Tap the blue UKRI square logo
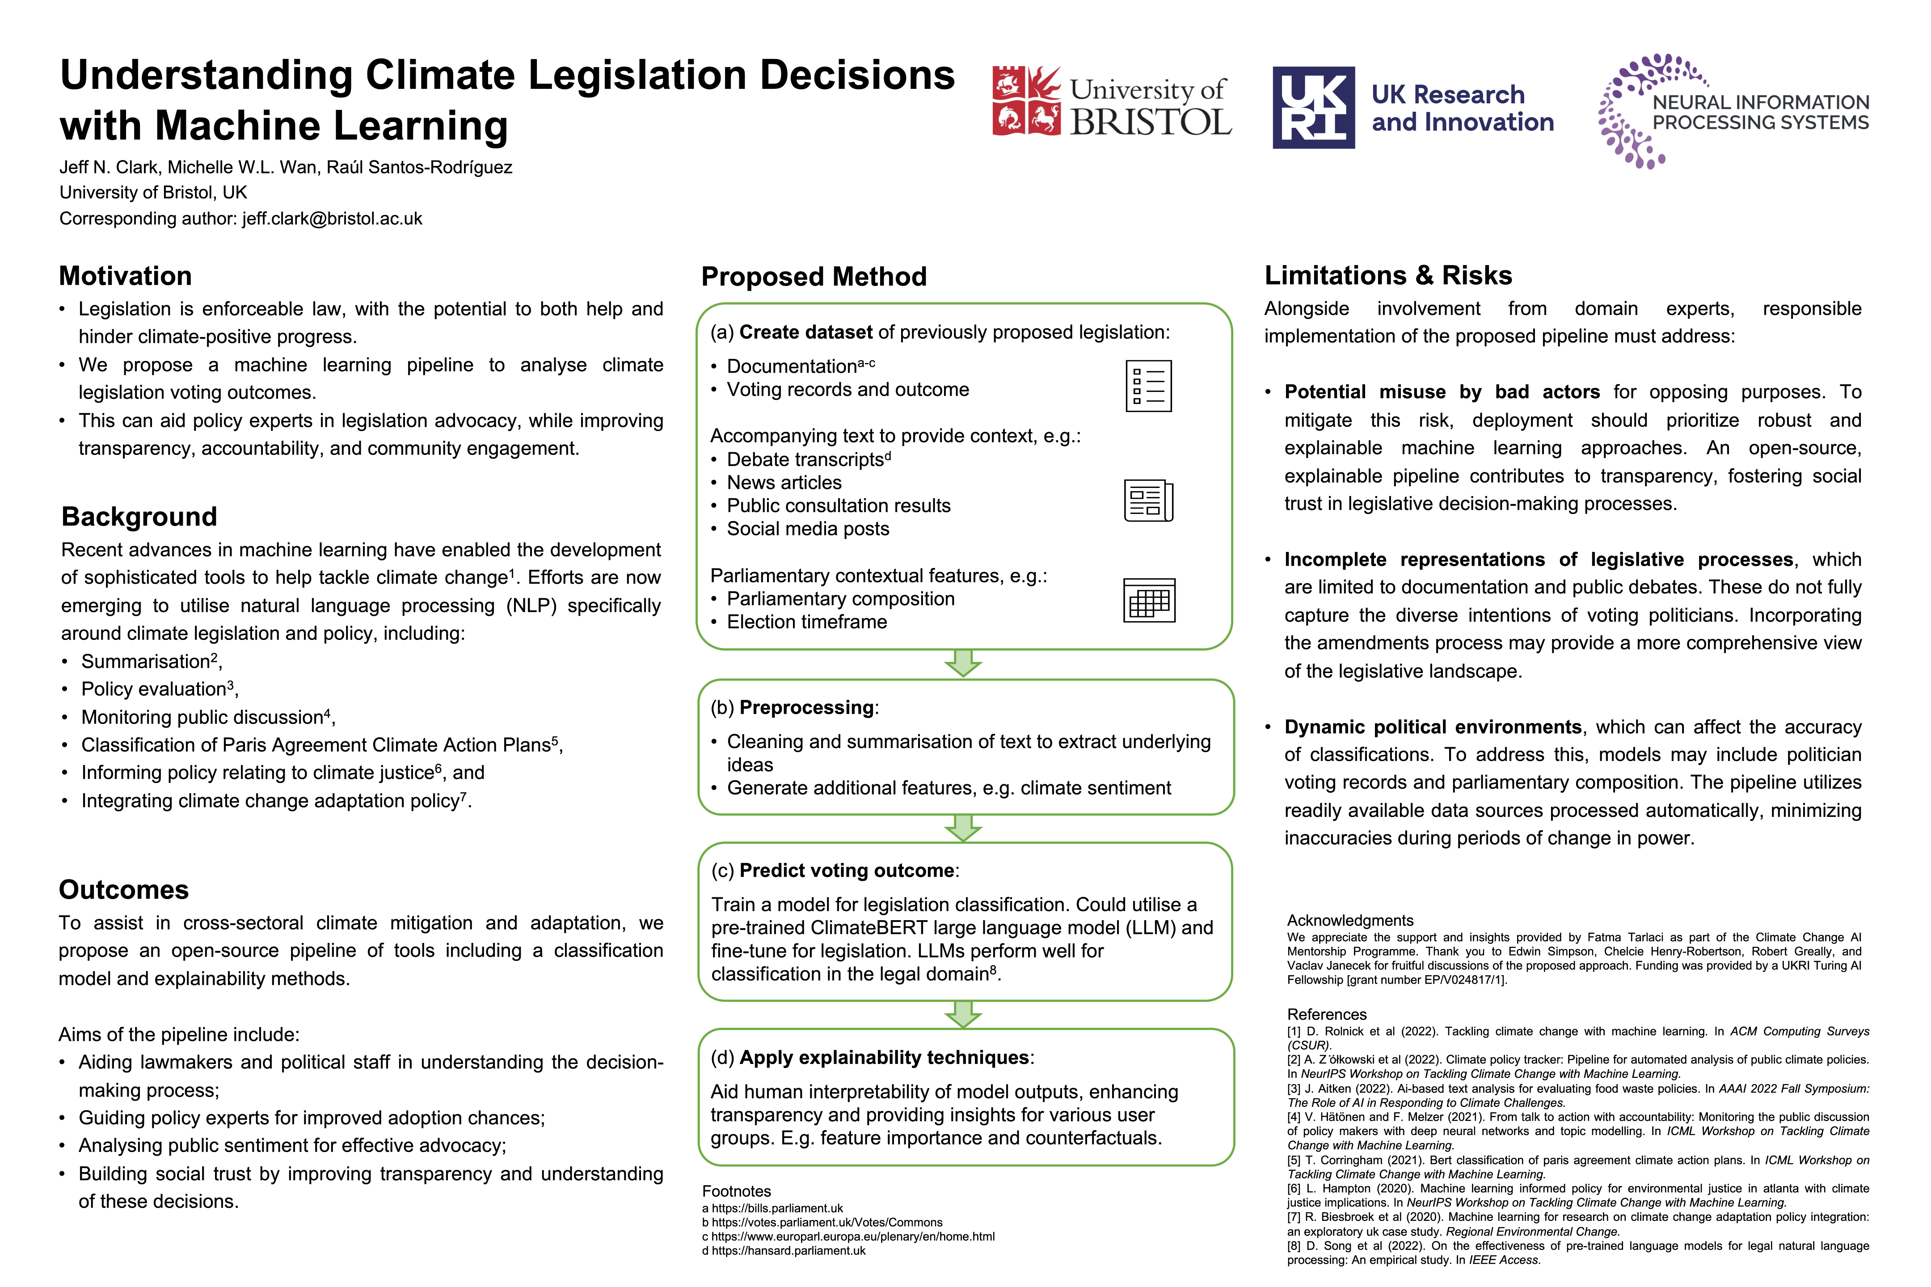[x=1313, y=108]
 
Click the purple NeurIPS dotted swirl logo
[x=1630, y=111]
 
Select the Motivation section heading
[x=126, y=276]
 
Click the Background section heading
[x=139, y=516]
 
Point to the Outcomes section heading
[x=123, y=890]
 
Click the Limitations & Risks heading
[x=1387, y=275]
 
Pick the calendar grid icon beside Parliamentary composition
[x=1149, y=600]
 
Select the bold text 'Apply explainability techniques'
[x=884, y=1057]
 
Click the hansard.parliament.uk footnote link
[x=788, y=1251]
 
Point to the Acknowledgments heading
[x=1350, y=920]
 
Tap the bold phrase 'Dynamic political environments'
[x=1433, y=727]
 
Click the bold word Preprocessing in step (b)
[x=806, y=707]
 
